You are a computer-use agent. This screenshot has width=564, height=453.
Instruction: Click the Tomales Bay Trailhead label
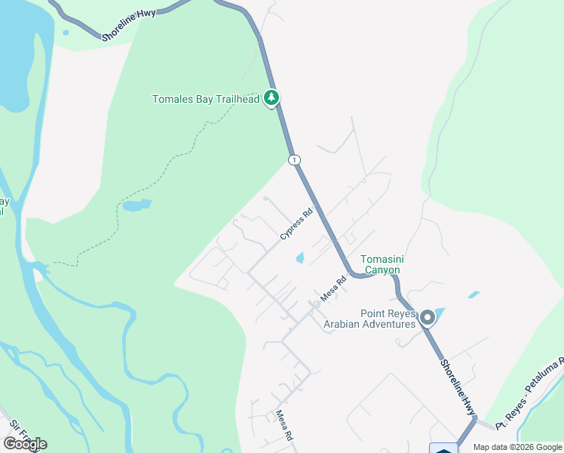pyautogui.click(x=206, y=99)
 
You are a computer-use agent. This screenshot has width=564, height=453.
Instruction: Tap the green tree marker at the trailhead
pyautogui.click(x=271, y=97)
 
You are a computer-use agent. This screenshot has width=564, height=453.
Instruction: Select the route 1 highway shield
pyautogui.click(x=293, y=159)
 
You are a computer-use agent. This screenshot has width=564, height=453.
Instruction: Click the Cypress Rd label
pyautogui.click(x=296, y=225)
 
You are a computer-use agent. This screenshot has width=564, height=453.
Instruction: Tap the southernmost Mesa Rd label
pyautogui.click(x=284, y=425)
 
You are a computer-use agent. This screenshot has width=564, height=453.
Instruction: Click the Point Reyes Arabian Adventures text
pyautogui.click(x=369, y=319)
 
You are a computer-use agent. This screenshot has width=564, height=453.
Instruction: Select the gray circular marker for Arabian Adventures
pyautogui.click(x=427, y=317)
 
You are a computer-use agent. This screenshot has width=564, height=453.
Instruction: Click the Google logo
pyautogui.click(x=25, y=444)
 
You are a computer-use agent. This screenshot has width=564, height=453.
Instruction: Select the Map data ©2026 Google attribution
pyautogui.click(x=517, y=447)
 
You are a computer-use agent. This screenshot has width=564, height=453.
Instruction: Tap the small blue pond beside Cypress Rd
pyautogui.click(x=300, y=258)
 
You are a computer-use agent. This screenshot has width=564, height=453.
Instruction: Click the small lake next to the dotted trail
pyautogui.click(x=136, y=205)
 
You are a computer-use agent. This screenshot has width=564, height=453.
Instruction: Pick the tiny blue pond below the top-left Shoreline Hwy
pyautogui.click(x=66, y=32)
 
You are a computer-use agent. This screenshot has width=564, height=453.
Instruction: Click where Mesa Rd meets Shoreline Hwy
pyautogui.click(x=351, y=273)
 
